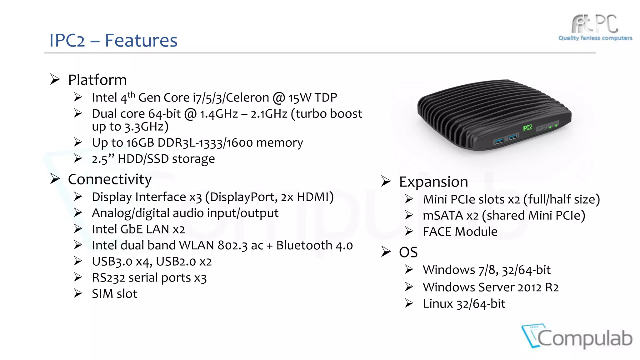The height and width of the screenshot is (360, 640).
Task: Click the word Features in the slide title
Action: point(141,41)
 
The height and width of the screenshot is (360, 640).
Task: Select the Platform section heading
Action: point(97,80)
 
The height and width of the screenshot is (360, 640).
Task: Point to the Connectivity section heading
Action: point(110,180)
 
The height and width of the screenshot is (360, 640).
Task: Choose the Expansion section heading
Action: point(433,182)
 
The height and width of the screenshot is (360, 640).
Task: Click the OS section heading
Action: point(408,252)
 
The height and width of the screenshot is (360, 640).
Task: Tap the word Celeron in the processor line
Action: point(247,98)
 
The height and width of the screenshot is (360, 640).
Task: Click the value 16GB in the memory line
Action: point(140,143)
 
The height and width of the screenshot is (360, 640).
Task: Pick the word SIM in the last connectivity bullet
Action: point(102,294)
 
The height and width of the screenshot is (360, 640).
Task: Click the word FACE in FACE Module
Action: point(437,232)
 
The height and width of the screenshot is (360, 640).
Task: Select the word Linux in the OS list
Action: point(437,304)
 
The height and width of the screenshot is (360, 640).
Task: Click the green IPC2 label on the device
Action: point(527,127)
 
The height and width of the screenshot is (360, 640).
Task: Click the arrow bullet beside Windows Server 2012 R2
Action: point(409,287)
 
